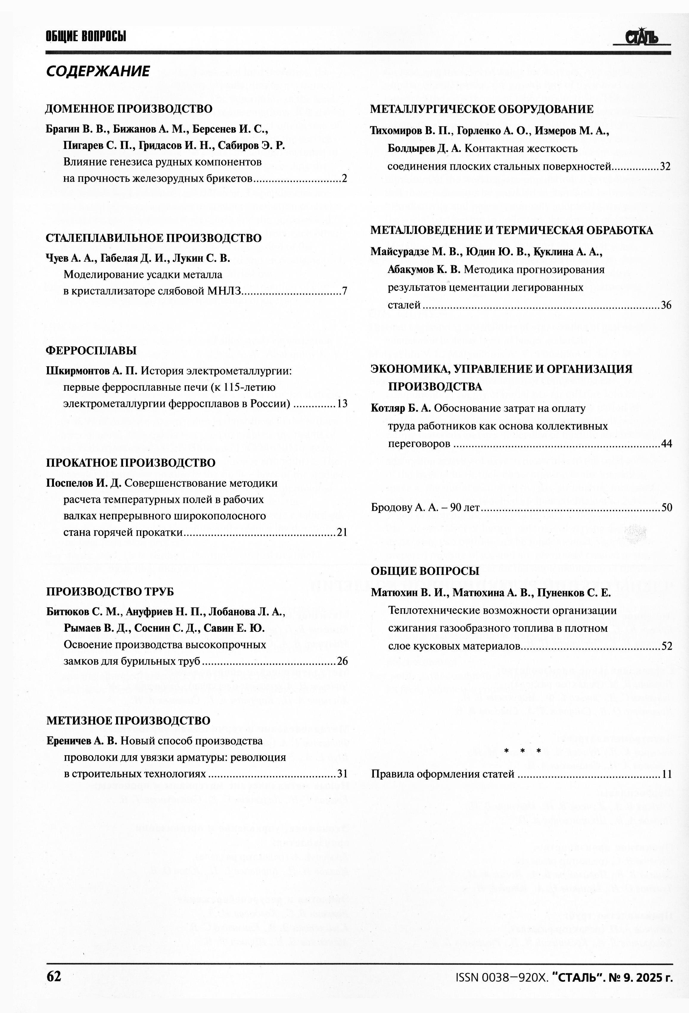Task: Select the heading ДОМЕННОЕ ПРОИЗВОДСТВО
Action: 129,108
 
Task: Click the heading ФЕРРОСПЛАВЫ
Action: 91,350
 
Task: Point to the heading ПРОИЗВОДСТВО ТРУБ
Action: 110,592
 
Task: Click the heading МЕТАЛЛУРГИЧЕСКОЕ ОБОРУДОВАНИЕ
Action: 482,109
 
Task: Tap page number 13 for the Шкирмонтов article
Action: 342,404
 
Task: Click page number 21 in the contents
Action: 342,532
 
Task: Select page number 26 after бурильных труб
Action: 342,661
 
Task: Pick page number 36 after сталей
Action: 666,305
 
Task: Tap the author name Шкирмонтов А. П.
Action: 91,371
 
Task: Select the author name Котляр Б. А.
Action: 400,408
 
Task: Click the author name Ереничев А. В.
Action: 82,741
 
